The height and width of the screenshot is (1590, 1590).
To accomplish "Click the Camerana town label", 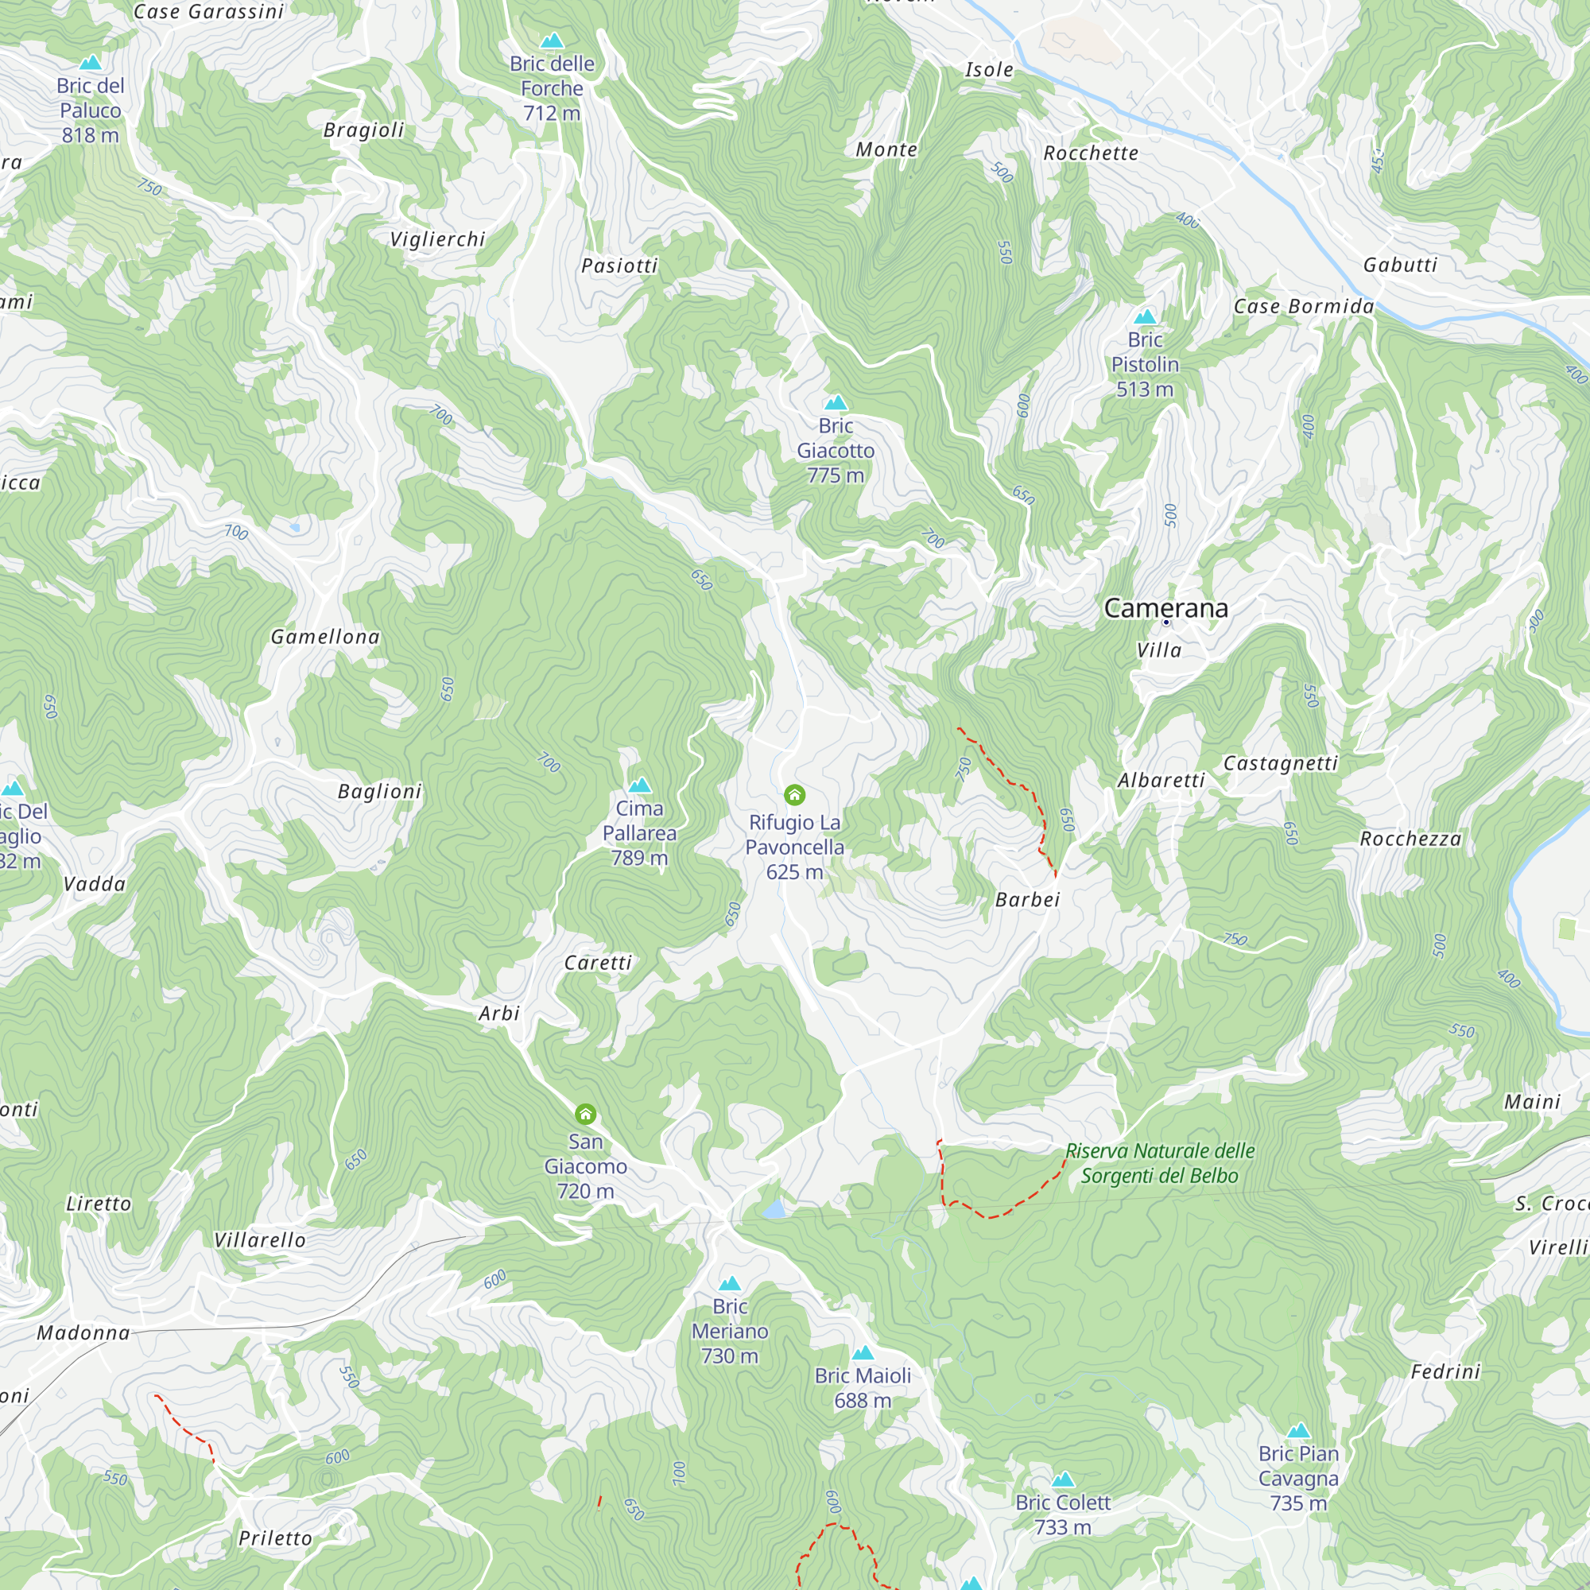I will point(1165,608).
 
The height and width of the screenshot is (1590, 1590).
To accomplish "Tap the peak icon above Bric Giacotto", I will point(836,402).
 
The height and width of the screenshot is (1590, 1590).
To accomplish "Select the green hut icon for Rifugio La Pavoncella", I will point(794,795).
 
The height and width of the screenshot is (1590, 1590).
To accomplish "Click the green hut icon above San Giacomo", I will point(585,1115).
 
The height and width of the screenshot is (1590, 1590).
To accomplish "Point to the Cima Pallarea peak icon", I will point(639,785).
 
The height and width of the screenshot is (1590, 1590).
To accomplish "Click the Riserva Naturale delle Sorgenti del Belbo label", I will point(1159,1163).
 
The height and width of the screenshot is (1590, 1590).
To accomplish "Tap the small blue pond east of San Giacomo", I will point(774,1209).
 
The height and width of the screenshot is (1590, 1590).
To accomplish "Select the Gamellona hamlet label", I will point(325,637).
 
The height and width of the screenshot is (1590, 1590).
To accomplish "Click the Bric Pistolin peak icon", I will point(1145,317).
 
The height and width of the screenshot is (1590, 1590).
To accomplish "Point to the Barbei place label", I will point(1027,899).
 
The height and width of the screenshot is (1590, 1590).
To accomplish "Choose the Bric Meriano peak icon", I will point(729,1284).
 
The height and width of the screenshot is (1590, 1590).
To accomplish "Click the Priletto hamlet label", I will point(275,1538).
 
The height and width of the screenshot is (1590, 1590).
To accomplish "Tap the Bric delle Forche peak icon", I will point(552,41).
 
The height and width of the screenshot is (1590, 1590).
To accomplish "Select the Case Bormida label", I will point(1304,306).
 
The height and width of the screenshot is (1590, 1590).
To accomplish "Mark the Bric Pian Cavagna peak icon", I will point(1298,1430).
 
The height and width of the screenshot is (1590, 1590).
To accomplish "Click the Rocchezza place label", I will point(1410,839).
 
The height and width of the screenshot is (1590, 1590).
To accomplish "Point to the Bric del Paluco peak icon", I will point(91,63).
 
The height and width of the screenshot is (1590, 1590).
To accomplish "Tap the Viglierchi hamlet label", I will point(437,239).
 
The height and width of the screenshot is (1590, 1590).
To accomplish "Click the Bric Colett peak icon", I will point(1062,1479).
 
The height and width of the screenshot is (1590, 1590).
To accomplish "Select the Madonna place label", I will point(83,1332).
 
